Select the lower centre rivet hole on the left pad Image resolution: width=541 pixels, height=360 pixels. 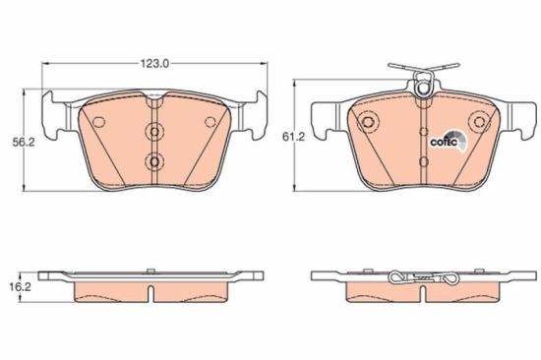(152, 161)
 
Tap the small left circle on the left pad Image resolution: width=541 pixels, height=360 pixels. (98, 121)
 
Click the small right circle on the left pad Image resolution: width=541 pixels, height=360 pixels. (209, 121)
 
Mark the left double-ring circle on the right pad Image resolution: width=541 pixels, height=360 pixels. (368, 123)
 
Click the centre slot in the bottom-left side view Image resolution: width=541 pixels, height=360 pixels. (152, 292)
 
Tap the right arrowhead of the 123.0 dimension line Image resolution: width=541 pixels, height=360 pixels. (263, 64)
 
